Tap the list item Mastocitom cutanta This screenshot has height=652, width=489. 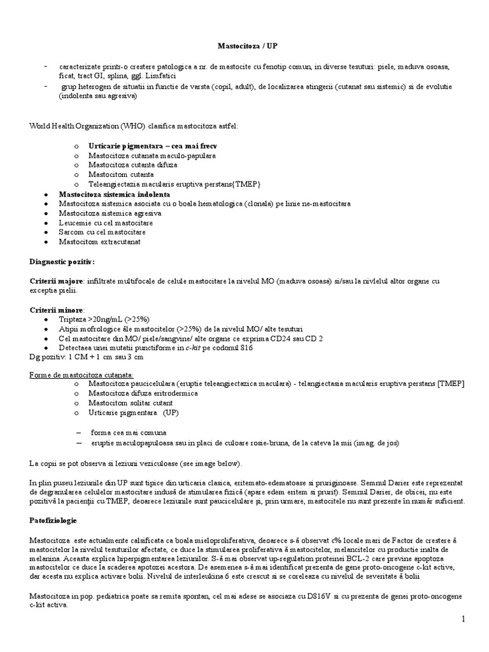[x=121, y=174]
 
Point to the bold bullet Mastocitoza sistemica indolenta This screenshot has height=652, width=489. [x=114, y=194]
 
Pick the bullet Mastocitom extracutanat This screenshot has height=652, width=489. [x=99, y=242]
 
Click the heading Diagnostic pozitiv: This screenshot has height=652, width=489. [x=62, y=262]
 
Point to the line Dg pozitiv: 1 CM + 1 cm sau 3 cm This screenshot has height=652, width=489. [x=82, y=357]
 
